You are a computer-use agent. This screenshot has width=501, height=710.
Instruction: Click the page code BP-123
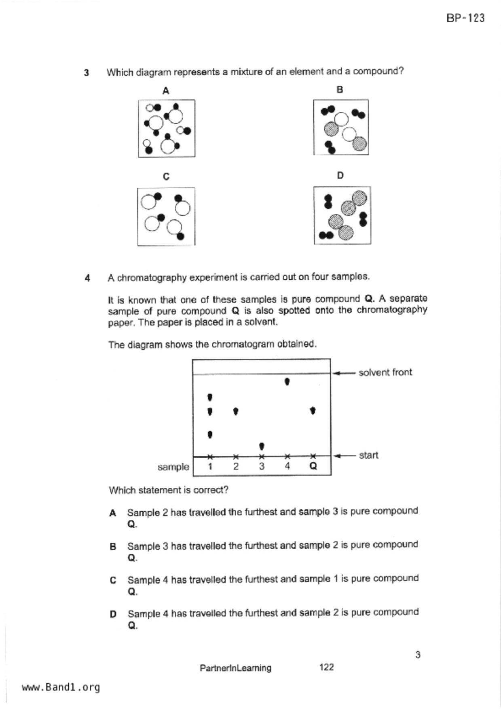pyautogui.click(x=465, y=18)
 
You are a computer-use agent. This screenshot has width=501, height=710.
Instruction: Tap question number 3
pyautogui.click(x=87, y=73)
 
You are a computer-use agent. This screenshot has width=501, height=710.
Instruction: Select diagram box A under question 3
pyautogui.click(x=167, y=128)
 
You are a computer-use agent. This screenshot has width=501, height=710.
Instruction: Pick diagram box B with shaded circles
pyautogui.click(x=341, y=127)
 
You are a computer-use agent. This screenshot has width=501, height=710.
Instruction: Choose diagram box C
pyautogui.click(x=166, y=216)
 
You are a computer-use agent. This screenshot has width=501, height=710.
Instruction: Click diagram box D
pyautogui.click(x=342, y=215)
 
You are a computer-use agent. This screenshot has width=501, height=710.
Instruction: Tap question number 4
pyautogui.click(x=87, y=278)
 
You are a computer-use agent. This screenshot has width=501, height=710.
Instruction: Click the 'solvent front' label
pyautogui.click(x=385, y=372)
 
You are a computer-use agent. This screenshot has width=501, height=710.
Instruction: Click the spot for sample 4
pyautogui.click(x=287, y=381)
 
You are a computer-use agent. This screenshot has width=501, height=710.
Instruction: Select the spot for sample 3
pyautogui.click(x=262, y=446)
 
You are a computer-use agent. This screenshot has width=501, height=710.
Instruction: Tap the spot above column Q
pyautogui.click(x=313, y=411)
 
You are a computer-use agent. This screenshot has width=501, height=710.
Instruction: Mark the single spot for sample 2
pyautogui.click(x=236, y=411)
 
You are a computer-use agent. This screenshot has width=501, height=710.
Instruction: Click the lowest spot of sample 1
pyautogui.click(x=210, y=435)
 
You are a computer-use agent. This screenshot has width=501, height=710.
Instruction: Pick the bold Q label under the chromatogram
pyautogui.click(x=313, y=466)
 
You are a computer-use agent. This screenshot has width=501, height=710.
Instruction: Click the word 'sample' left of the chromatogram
pyautogui.click(x=173, y=467)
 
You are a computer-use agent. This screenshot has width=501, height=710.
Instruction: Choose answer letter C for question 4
pyautogui.click(x=113, y=580)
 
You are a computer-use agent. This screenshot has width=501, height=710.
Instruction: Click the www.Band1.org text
pyautogui.click(x=61, y=687)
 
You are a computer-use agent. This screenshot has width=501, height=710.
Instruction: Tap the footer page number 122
pyautogui.click(x=326, y=667)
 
